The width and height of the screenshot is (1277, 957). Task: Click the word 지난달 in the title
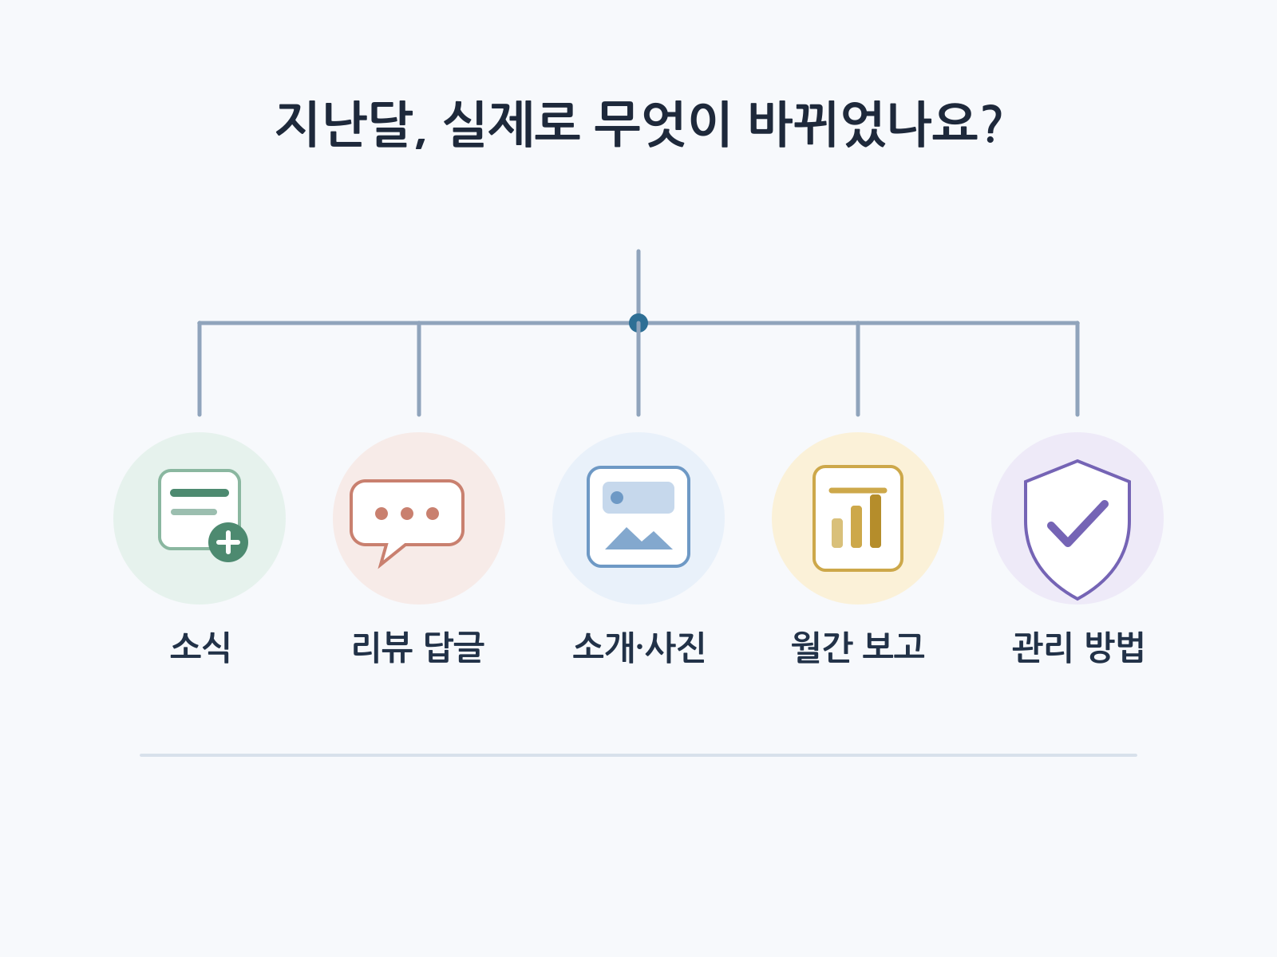[x=345, y=124]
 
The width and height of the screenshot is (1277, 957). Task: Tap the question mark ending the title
[x=991, y=124]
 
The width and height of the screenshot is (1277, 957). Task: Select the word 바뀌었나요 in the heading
[x=864, y=124]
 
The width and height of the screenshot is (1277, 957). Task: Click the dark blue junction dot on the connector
[x=638, y=322]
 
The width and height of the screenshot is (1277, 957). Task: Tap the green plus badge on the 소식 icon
[x=228, y=543]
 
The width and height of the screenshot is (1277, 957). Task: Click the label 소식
[x=200, y=647]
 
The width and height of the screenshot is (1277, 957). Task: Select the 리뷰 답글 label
[x=418, y=647]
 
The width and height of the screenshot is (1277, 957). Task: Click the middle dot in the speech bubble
[x=407, y=514]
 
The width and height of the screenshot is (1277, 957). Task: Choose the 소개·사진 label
[x=638, y=647]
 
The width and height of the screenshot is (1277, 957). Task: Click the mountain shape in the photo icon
[x=638, y=538]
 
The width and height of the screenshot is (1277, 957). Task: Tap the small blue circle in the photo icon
[x=617, y=498]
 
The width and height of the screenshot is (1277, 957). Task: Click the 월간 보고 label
[x=857, y=647]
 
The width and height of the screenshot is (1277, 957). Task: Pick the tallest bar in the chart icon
[x=876, y=522]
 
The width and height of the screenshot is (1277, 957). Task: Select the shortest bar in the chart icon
[x=837, y=533]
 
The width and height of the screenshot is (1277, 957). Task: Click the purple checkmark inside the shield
[x=1077, y=523]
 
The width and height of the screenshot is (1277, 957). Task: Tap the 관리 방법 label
[x=1077, y=647]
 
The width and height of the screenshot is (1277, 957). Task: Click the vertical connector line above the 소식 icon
[x=200, y=369]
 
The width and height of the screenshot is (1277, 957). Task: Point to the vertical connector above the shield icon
[x=1077, y=369]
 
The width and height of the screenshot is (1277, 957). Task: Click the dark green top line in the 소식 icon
[x=200, y=493]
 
